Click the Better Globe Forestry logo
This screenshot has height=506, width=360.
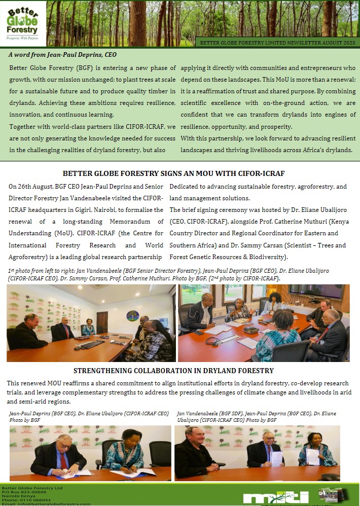click(23, 23)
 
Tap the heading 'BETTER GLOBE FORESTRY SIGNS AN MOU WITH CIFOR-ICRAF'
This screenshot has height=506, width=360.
click(181, 173)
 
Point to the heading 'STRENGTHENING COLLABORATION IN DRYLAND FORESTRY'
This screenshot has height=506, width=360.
click(173, 371)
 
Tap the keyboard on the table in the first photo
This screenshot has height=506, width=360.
click(91, 344)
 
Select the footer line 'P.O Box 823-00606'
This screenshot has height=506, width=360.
click(24, 492)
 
